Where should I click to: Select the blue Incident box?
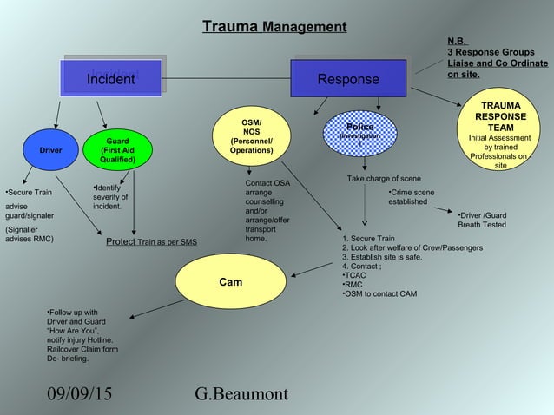coord(110,79)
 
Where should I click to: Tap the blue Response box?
coord(348,79)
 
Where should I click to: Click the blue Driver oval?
coord(50,150)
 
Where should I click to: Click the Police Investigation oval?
coord(359,133)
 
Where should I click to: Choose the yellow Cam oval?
coord(230,282)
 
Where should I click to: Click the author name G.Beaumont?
coord(242,394)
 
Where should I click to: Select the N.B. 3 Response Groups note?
coord(497,57)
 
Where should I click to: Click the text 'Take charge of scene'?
coord(384,179)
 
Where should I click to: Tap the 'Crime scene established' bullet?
coord(411,196)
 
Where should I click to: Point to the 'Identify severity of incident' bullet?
coord(111,197)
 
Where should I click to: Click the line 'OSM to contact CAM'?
coord(379,293)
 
